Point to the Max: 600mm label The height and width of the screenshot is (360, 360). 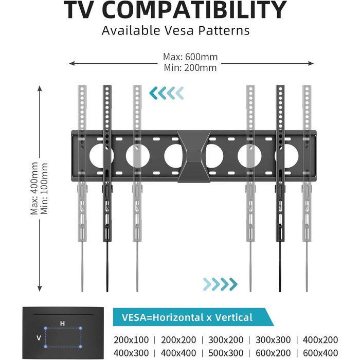(x=190, y=57)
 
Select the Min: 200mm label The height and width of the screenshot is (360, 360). (x=190, y=67)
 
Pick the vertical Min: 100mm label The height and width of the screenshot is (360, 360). (x=45, y=189)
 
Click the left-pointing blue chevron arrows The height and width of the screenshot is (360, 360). (x=166, y=93)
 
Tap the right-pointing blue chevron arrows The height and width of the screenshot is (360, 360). (x=220, y=283)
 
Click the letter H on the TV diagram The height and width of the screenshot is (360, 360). (x=62, y=323)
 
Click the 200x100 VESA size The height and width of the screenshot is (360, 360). (x=131, y=340)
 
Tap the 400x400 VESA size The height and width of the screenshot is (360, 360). (x=178, y=352)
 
